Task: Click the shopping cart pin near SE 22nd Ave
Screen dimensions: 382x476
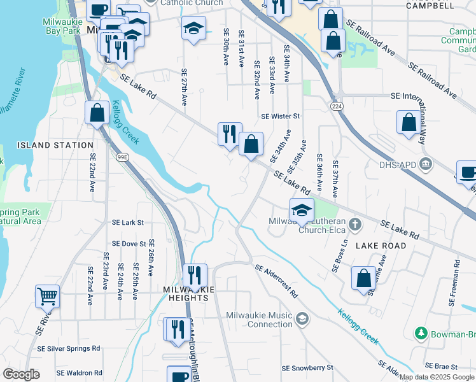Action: point(47,295)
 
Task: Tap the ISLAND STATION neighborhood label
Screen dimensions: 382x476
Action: point(55,145)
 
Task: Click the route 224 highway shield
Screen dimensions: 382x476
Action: point(337,105)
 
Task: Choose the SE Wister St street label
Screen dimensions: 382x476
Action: point(280,117)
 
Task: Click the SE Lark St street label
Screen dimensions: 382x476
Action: point(128,223)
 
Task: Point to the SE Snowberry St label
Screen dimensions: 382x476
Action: point(307,368)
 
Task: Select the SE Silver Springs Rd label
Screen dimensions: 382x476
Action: point(69,348)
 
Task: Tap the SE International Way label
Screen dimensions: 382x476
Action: point(424,96)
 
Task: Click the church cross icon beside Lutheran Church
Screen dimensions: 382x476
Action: point(356,224)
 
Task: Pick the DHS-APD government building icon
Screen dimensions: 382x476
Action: point(426,164)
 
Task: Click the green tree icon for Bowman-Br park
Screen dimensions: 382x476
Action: point(420,333)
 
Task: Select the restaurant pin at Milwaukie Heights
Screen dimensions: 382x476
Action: point(195,275)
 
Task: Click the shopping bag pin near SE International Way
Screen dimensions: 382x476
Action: point(407,122)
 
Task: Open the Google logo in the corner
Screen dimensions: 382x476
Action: point(22,374)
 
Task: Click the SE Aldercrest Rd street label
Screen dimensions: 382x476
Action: point(276,281)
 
